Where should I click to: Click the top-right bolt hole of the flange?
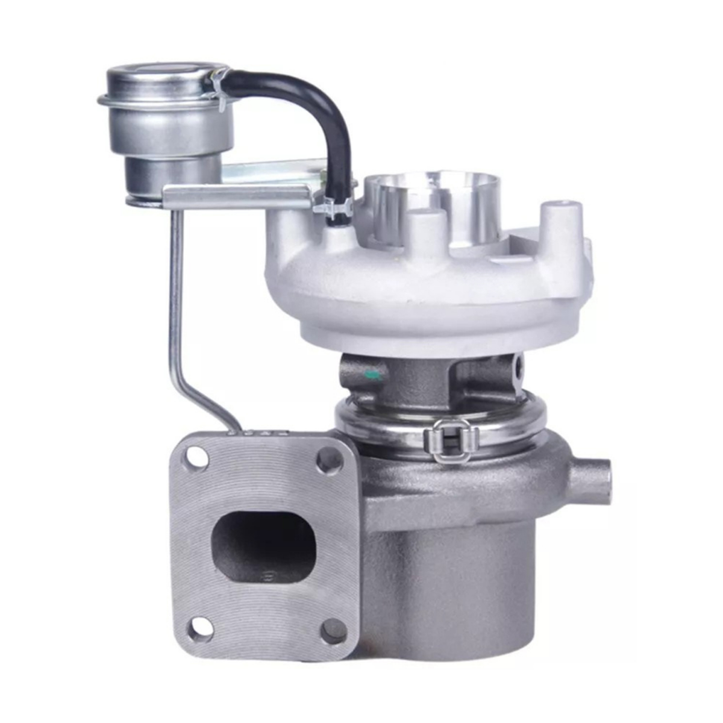coord(327,461)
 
